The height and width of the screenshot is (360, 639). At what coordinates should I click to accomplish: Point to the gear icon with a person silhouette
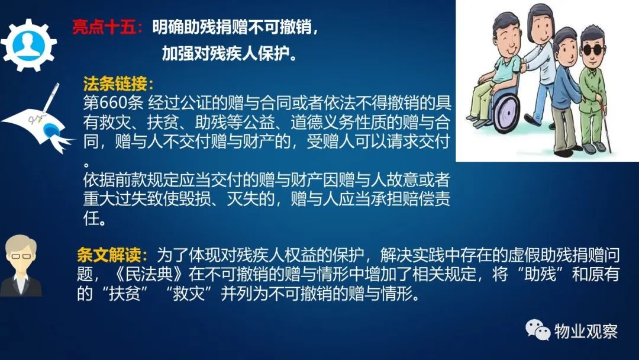pos(28,45)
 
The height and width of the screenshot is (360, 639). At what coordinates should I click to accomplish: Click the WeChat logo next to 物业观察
pos(538,330)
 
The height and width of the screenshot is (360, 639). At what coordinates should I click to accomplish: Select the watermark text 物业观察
pos(586,331)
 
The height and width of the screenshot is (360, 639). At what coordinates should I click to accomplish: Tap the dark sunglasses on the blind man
pos(593,50)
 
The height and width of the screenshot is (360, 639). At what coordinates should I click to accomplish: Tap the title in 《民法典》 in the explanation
pos(149,274)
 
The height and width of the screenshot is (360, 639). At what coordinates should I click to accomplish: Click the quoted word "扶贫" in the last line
pos(124,294)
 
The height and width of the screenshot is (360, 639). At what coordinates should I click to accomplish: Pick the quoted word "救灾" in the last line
pos(188,294)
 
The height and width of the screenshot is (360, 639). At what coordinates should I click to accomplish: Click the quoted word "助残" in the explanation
pos(541,274)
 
